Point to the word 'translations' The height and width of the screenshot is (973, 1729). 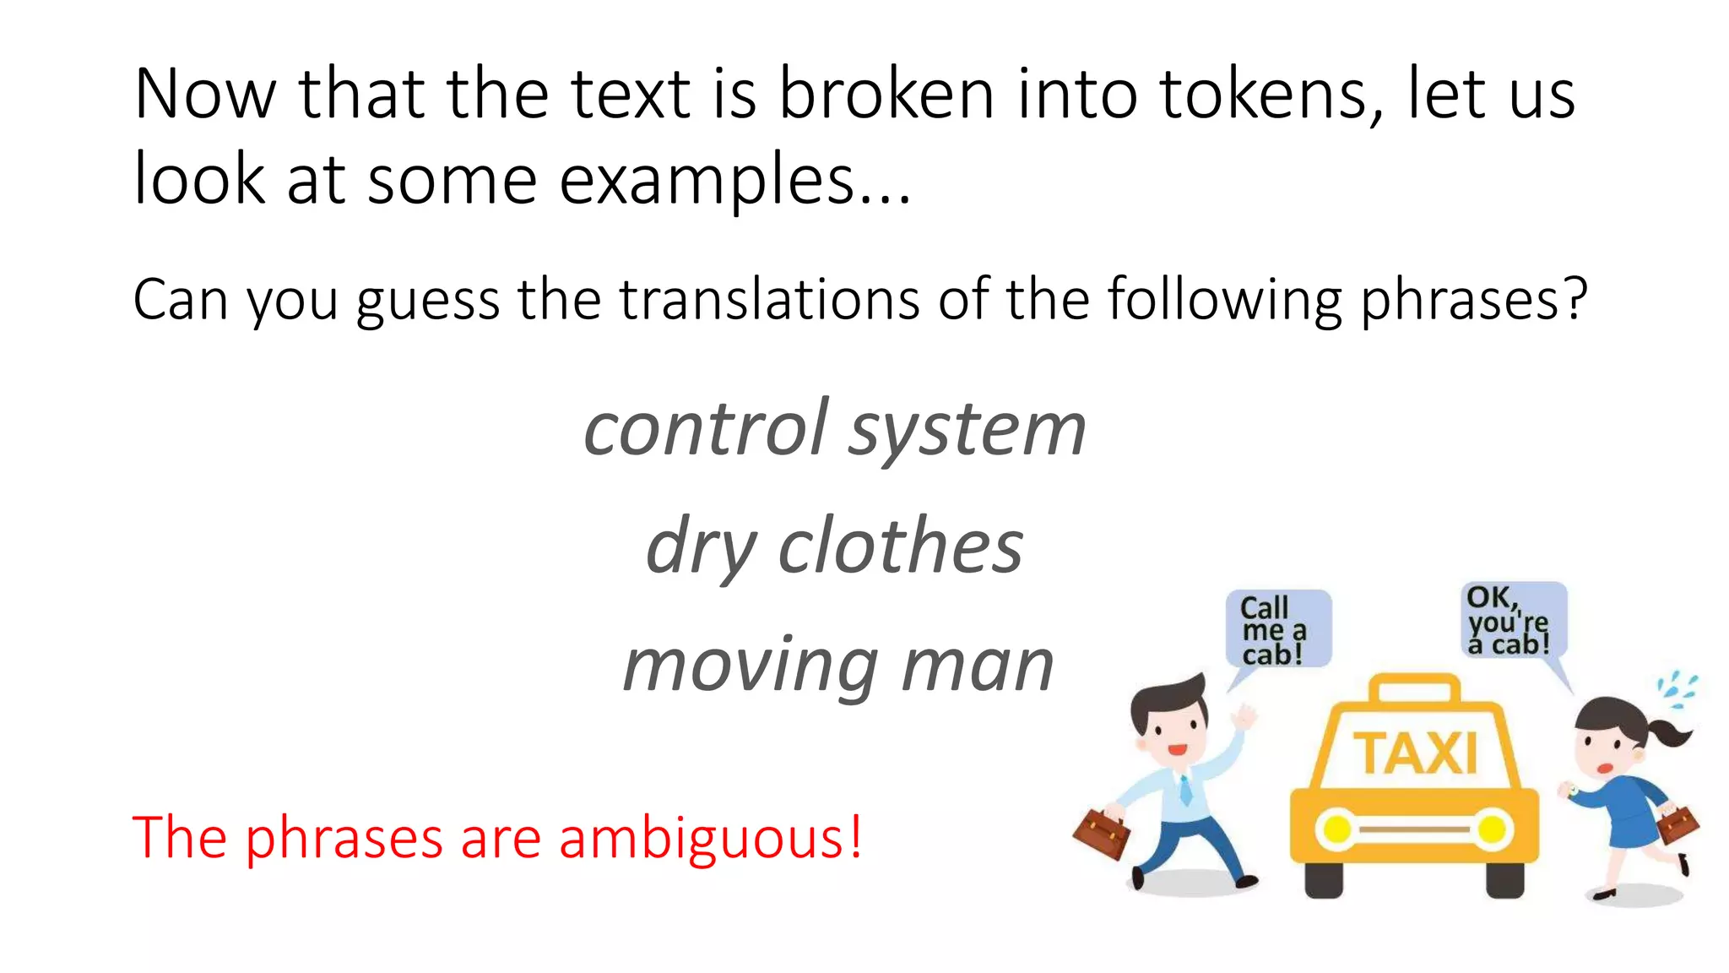coord(768,300)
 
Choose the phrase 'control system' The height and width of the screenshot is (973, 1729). coord(834,430)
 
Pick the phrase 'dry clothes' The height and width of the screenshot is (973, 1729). coord(834,547)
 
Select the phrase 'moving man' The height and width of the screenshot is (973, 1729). coord(837,666)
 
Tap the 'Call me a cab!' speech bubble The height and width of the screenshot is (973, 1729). coord(1277,629)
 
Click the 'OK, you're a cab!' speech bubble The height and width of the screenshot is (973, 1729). coord(1513,620)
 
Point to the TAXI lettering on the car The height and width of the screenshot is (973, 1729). coord(1416,753)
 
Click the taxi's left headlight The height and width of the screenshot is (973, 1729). coord(1337,829)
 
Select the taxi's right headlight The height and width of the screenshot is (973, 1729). coord(1493,829)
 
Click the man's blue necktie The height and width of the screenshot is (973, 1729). coord(1185,789)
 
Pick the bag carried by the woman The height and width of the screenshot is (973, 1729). coord(1677,824)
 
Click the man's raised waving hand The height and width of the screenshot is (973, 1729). coord(1243,719)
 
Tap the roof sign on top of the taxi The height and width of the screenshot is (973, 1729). coord(1414,689)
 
